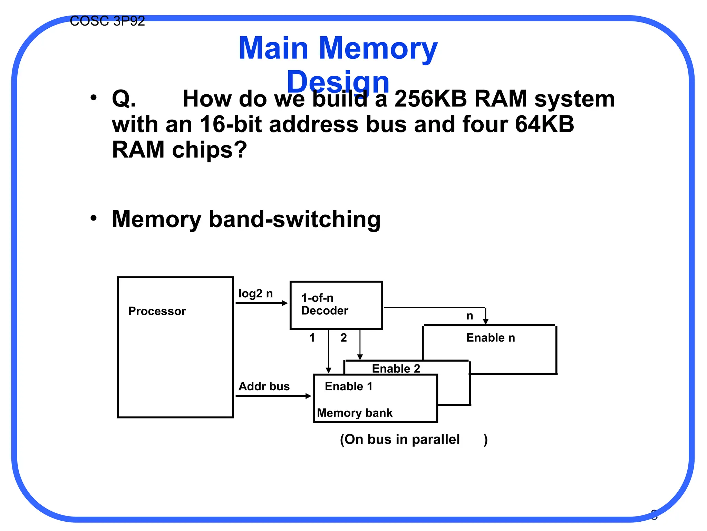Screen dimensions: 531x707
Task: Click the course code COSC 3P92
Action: [107, 21]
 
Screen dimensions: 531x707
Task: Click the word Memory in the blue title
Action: [378, 48]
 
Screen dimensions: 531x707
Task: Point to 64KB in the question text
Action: [544, 124]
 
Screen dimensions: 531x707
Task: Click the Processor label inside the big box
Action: [157, 311]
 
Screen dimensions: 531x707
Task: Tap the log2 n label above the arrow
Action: [255, 294]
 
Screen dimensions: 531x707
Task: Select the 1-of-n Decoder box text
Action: [324, 304]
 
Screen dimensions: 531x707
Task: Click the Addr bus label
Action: [264, 386]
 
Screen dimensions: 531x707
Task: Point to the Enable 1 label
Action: [349, 386]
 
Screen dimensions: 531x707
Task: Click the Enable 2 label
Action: [396, 369]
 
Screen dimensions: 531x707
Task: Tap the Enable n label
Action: [491, 338]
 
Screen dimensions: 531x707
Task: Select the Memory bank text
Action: [355, 413]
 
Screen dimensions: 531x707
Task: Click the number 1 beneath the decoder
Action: [312, 338]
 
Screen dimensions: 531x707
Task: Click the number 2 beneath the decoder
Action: [343, 338]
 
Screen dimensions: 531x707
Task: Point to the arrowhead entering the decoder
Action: [285, 303]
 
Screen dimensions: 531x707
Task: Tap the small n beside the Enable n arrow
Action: [469, 316]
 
